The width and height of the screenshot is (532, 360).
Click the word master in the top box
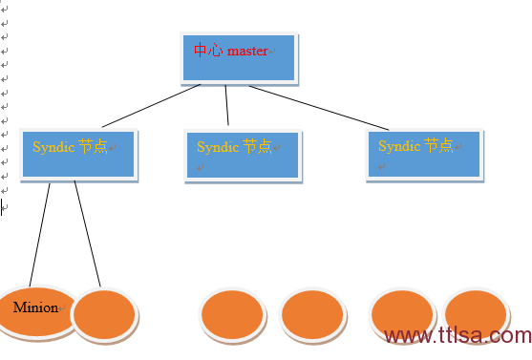click(x=247, y=51)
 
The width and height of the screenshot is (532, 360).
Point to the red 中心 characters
click(x=207, y=50)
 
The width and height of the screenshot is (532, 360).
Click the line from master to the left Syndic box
click(x=151, y=105)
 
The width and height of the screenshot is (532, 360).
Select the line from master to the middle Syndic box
click(x=227, y=105)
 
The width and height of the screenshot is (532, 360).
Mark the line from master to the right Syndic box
click(x=319, y=106)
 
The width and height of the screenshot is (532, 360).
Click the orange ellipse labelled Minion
click(x=36, y=312)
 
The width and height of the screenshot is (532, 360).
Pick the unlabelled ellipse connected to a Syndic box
click(x=104, y=316)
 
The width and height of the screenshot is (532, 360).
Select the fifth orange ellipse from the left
click(x=402, y=314)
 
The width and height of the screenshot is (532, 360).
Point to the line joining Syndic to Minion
click(x=40, y=234)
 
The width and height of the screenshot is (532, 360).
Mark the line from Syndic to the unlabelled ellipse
click(x=87, y=234)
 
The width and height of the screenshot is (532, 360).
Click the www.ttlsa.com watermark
click(x=457, y=336)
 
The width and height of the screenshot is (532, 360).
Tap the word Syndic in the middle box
click(x=217, y=147)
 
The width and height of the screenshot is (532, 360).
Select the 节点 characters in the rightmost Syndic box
click(x=438, y=146)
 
